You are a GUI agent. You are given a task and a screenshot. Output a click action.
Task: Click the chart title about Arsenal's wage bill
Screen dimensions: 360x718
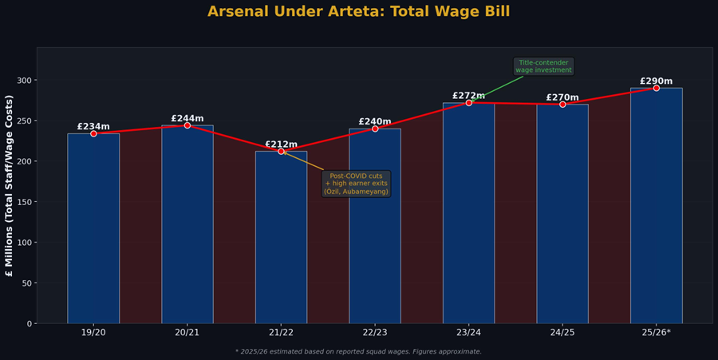369,12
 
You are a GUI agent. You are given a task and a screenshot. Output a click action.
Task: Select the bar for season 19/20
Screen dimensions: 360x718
93,231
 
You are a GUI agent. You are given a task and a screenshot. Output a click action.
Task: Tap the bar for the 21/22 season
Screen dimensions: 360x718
281,239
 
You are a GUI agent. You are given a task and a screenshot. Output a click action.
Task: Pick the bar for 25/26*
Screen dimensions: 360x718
656,208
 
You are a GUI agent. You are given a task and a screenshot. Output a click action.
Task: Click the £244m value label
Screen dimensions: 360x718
187,119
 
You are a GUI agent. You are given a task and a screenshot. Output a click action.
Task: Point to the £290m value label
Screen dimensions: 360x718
656,81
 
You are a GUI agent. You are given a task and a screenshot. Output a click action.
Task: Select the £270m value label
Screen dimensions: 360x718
562,97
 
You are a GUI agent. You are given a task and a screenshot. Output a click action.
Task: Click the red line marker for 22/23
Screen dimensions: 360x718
375,129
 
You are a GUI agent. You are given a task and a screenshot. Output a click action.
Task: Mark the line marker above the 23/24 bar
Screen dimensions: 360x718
468,103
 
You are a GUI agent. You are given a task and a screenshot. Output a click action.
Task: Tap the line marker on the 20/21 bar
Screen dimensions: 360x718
187,125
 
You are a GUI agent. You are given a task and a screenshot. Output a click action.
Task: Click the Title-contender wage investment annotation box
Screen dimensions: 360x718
543,66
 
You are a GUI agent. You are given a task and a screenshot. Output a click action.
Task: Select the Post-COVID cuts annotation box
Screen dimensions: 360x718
357,184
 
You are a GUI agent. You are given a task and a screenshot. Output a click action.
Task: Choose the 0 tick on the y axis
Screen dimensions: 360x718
30,323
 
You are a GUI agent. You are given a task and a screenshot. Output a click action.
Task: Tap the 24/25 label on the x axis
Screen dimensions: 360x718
562,333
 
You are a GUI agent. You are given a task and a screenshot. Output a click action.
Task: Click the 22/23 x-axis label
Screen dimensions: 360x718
375,333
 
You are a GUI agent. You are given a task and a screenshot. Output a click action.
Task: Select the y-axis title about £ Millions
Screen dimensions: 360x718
10,185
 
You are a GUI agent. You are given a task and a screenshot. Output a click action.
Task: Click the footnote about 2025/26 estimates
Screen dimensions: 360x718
358,351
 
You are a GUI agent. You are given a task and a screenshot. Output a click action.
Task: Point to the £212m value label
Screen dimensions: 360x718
281,144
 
